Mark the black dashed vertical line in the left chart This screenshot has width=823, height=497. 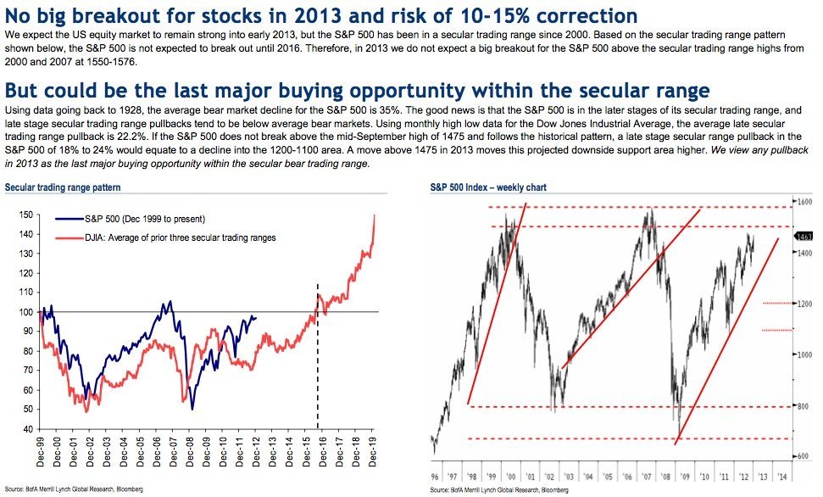click(318, 356)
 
